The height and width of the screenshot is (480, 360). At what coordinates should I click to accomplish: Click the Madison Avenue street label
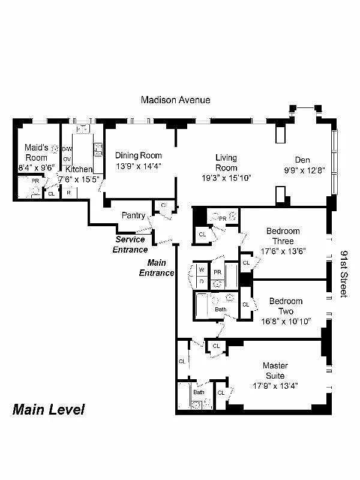[x=175, y=100]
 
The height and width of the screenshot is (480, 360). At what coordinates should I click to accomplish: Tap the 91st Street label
[x=344, y=274]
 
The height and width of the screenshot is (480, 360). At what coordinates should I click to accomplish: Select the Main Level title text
[x=49, y=410]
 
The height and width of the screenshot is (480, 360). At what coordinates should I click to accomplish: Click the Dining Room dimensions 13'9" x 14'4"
[x=138, y=166]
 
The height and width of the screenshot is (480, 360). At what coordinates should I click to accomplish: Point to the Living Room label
[x=226, y=163]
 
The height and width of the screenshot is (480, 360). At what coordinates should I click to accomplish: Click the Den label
[x=302, y=160]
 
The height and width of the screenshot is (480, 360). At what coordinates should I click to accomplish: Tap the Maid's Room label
[x=36, y=152]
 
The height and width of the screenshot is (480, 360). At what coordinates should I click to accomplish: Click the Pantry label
[x=133, y=215]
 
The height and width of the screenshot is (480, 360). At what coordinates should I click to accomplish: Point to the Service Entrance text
[x=130, y=244]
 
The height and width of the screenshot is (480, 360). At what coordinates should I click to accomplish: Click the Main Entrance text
[x=157, y=268]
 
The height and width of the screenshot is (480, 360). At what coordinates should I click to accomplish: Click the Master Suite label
[x=275, y=370]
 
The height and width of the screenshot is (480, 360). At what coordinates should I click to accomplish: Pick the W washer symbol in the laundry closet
[x=201, y=270]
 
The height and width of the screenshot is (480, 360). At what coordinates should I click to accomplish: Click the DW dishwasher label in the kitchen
[x=67, y=149]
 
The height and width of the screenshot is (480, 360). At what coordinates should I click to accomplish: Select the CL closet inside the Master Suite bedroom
[x=220, y=392]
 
